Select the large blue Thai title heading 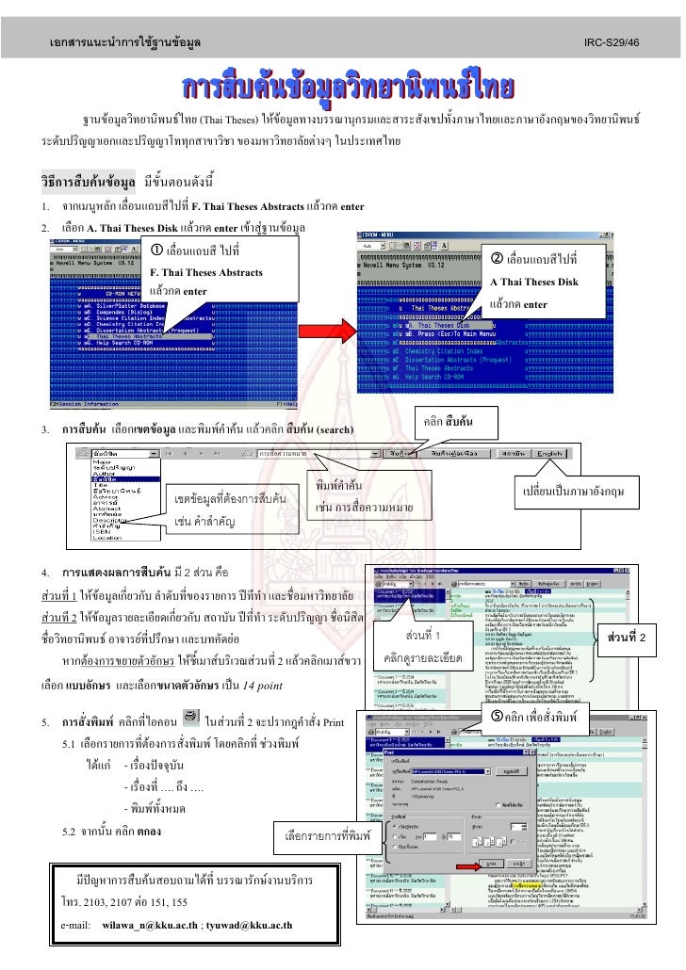[343, 89]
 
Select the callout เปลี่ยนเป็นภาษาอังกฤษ [580, 493]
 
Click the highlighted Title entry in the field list [105, 479]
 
